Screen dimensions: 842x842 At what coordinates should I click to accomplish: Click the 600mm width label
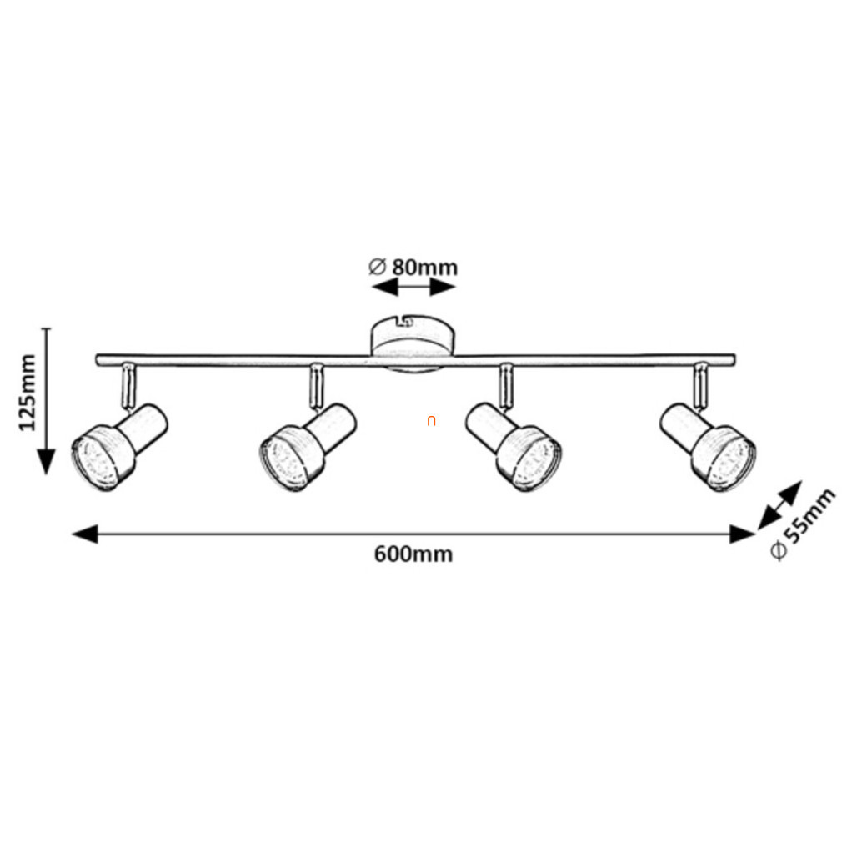click(413, 554)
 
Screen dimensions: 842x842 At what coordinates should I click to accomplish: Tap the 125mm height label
click(28, 392)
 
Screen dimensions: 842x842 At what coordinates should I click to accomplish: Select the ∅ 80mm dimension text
click(413, 267)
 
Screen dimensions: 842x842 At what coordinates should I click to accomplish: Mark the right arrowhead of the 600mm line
click(741, 534)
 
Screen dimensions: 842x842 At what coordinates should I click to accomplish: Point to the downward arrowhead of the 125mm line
click(46, 461)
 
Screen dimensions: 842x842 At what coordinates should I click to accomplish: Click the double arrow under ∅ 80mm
click(413, 288)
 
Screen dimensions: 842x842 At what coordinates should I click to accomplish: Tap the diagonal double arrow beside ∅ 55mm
click(779, 505)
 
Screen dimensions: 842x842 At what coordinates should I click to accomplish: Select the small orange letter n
click(431, 421)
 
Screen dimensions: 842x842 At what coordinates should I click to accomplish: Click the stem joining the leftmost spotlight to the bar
click(127, 385)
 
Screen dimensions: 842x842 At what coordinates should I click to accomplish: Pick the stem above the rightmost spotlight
click(700, 383)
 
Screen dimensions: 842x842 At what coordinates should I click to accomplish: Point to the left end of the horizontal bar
click(99, 360)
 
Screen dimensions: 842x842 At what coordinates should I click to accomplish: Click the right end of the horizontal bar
click(731, 360)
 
